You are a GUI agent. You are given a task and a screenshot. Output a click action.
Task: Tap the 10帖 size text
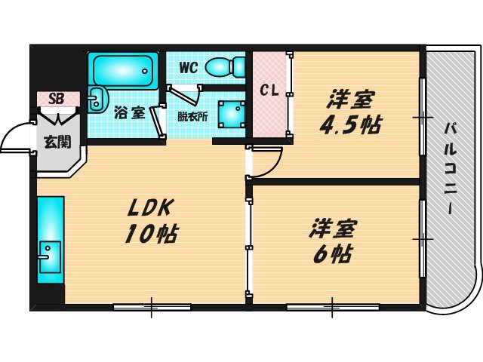tap(151, 233)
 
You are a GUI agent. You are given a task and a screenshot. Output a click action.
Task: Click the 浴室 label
tap(129, 113)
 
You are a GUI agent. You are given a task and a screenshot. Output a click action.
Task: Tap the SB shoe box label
tap(56, 99)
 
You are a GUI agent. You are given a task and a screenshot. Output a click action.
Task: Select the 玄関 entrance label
tap(53, 140)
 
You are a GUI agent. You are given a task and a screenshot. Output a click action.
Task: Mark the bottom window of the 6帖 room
tap(332, 306)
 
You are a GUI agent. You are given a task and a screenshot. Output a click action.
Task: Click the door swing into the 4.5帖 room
tap(266, 160)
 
